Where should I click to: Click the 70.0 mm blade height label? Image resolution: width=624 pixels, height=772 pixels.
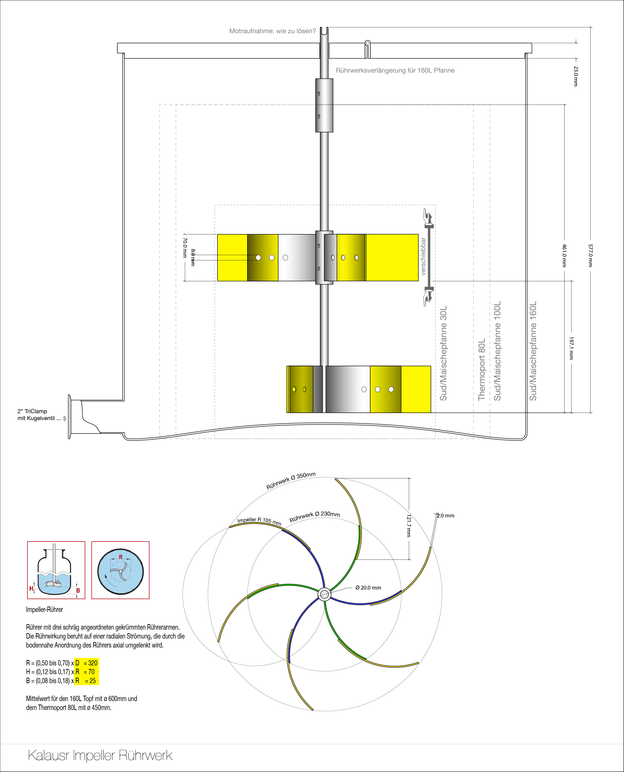(x=185, y=248)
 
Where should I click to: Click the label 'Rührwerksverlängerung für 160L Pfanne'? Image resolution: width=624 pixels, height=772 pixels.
(x=395, y=70)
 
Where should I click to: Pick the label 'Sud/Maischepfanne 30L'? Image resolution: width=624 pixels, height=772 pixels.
(x=444, y=353)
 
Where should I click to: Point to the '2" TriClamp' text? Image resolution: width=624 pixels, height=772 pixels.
(x=32, y=411)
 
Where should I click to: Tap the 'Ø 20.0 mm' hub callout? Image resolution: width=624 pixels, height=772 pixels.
(x=368, y=588)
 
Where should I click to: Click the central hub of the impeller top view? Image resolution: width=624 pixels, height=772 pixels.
(x=324, y=595)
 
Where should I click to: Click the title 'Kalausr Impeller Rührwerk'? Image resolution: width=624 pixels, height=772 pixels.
(x=100, y=755)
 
